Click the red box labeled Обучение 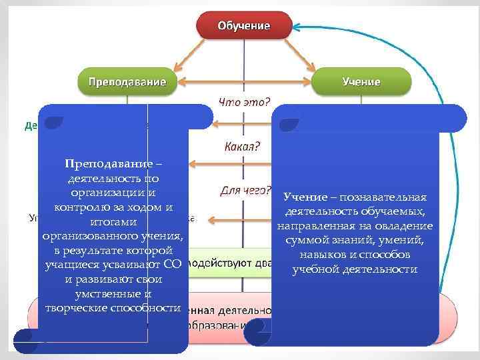243,27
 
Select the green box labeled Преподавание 123,81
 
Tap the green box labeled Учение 361,81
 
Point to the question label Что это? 245,102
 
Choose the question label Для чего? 245,190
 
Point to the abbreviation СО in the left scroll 172,265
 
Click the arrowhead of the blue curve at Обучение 298,28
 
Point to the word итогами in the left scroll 113,221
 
